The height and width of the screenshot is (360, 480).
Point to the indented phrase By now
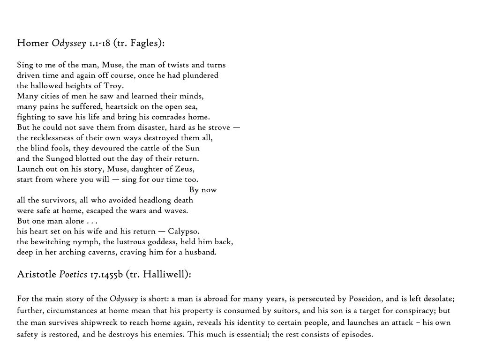tap(203, 190)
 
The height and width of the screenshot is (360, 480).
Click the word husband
tap(201, 252)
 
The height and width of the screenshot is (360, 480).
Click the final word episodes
tap(357, 335)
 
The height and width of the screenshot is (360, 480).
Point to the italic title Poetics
tap(73, 274)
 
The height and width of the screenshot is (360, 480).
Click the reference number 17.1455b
tap(106, 274)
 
